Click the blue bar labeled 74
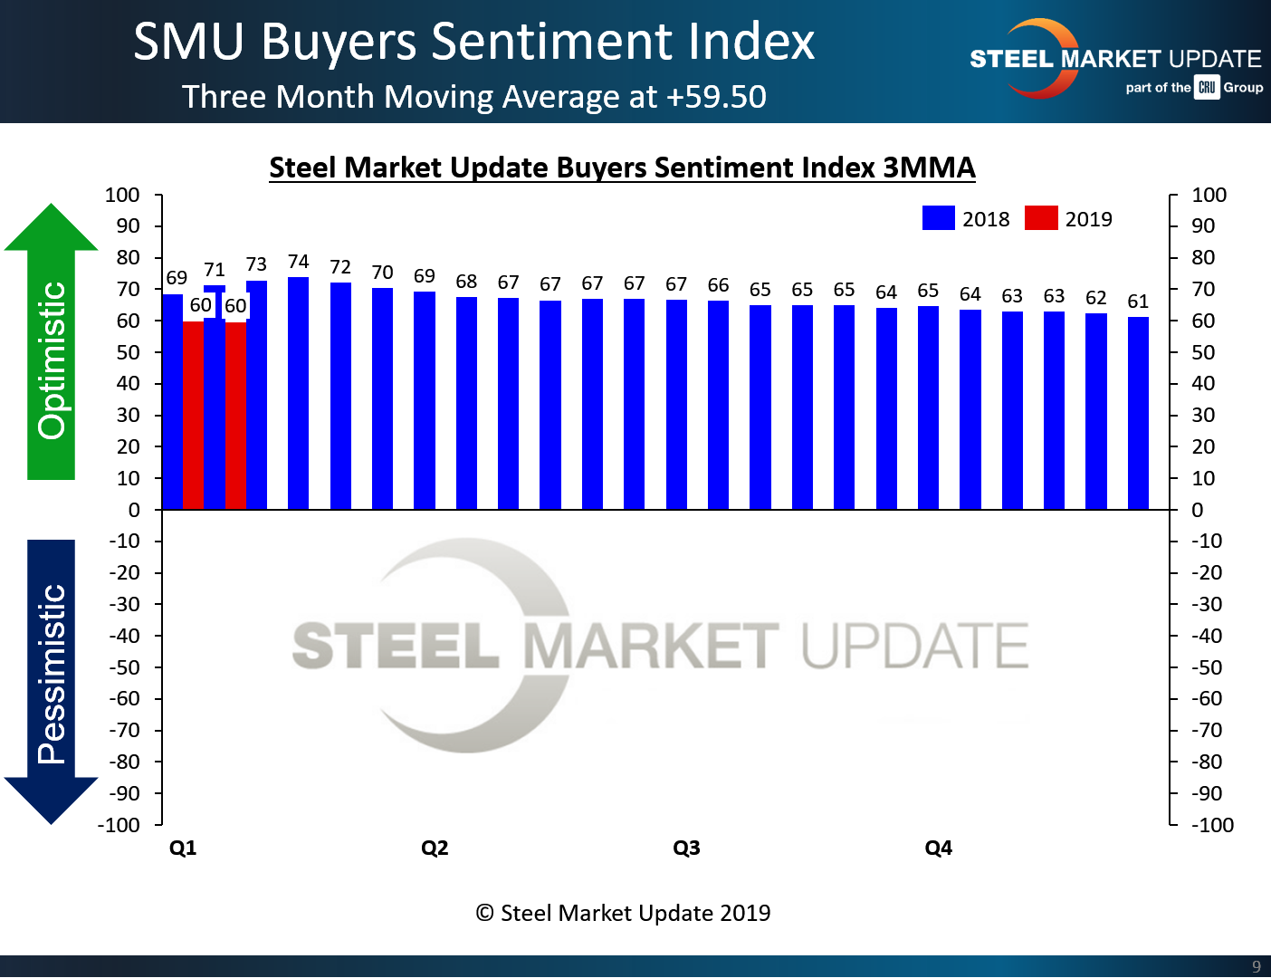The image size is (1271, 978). coord(298,393)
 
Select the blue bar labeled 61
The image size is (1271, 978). coord(1138,413)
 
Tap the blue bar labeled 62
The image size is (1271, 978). coord(1095,411)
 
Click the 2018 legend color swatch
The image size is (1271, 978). coord(938,218)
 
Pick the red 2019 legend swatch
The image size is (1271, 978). coord(1041,218)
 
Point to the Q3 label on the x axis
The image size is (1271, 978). coord(686,848)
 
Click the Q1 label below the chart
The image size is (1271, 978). coord(183,848)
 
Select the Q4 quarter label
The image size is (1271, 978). coord(938,848)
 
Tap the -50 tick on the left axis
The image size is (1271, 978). coord(124,667)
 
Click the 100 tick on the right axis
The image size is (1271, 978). coord(1209,195)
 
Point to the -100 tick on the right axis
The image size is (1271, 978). coord(1211,825)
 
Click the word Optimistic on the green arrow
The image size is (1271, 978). coord(53,360)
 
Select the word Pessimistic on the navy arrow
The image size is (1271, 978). coord(52,674)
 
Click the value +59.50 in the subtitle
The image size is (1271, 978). coord(716,97)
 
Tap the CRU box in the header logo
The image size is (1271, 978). coord(1207,88)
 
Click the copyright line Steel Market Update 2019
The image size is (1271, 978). coord(623,913)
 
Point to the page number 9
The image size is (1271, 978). coord(1256,966)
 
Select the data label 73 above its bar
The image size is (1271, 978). coord(256,264)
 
